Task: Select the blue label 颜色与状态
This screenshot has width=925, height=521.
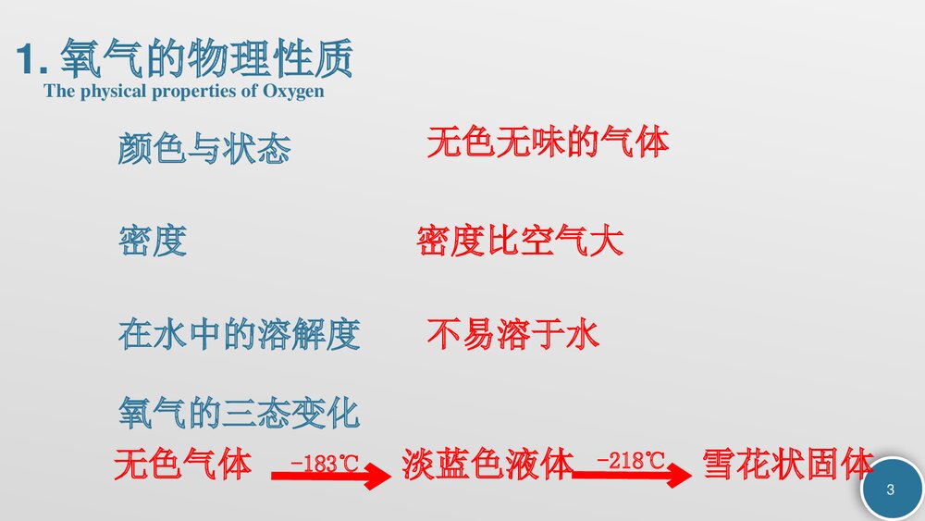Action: point(203,149)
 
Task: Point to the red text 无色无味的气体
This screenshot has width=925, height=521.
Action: point(548,143)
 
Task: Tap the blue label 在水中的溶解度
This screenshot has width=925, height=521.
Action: point(239,334)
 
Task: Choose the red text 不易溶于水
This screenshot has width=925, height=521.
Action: point(513,333)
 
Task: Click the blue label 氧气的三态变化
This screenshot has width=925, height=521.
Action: point(239,412)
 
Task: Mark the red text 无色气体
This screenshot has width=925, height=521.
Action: point(182,465)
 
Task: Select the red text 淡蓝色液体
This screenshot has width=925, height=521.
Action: point(488,465)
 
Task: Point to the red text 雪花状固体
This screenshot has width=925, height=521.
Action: point(787,465)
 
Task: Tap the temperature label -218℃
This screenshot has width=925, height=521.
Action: point(631,460)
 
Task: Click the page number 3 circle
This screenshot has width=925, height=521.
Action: point(891,490)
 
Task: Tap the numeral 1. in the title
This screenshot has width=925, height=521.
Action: point(33,61)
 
